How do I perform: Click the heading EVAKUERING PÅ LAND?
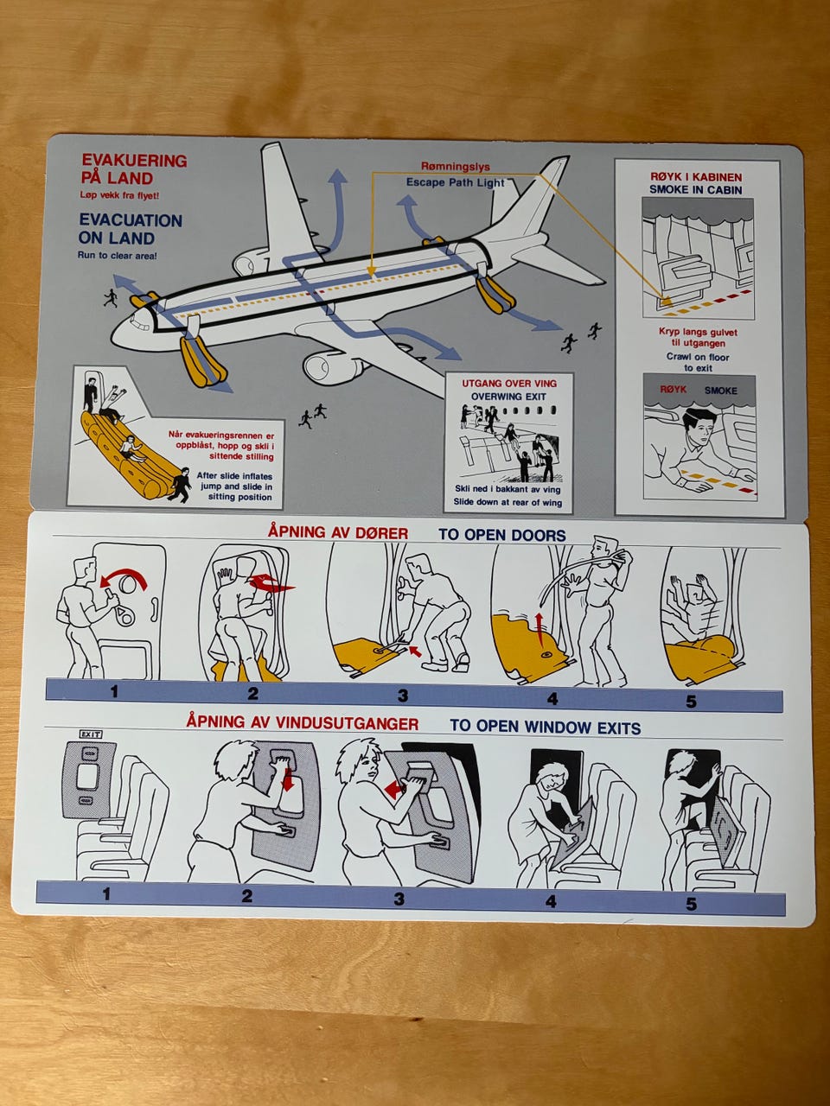pos(134,168)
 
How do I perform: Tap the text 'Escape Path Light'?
pos(455,182)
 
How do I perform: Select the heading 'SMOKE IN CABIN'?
pos(695,190)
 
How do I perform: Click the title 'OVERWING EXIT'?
pos(508,397)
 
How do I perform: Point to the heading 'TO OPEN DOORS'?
pos(502,535)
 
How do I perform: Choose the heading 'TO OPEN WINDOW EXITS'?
pos(546,727)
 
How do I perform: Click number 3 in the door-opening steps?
pos(403,696)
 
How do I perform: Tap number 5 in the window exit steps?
pos(691,904)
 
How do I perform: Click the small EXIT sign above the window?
pos(91,734)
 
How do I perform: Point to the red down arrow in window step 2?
pos(288,779)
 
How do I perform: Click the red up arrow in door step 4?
pos(539,629)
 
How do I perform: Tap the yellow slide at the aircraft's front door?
pos(203,360)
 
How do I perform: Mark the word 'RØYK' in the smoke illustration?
pos(674,390)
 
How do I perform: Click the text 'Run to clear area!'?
pos(117,256)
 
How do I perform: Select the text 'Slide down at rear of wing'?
pos(508,502)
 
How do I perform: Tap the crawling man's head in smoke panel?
pos(699,425)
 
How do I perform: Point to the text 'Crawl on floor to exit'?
pos(698,362)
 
